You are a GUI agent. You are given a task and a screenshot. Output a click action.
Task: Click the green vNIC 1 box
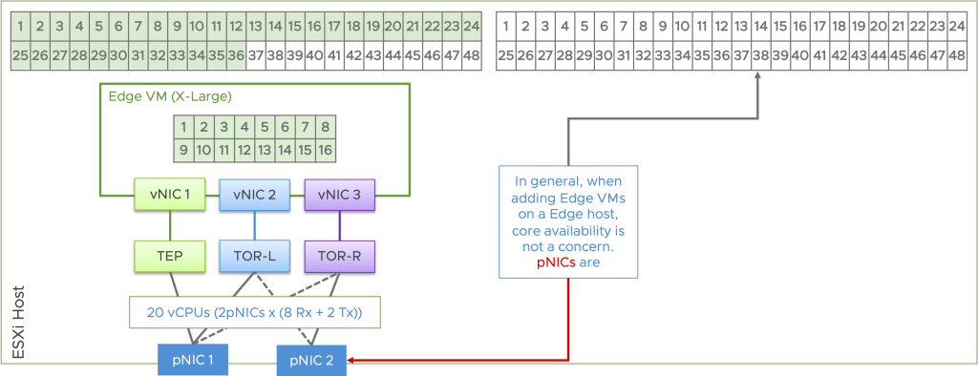tap(170, 195)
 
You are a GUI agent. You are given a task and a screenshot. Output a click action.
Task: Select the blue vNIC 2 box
tap(255, 195)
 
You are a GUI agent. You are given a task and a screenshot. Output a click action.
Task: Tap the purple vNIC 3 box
tap(340, 195)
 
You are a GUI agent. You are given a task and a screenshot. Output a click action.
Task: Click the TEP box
tap(170, 255)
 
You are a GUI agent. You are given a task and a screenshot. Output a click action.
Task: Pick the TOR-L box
tap(255, 255)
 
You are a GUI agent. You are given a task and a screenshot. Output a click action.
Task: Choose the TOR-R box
tap(340, 255)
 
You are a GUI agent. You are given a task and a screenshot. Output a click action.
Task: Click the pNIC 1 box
tap(192, 359)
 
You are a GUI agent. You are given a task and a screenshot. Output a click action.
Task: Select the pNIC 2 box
tap(311, 359)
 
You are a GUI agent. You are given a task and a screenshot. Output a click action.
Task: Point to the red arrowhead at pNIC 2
tap(351, 361)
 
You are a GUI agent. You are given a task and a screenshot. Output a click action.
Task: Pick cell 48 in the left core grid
tap(471, 55)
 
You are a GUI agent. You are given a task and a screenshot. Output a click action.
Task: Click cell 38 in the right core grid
tap(760, 55)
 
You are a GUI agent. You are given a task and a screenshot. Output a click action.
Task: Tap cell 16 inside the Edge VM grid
tap(326, 150)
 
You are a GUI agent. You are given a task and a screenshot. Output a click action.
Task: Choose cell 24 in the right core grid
tap(955, 26)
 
